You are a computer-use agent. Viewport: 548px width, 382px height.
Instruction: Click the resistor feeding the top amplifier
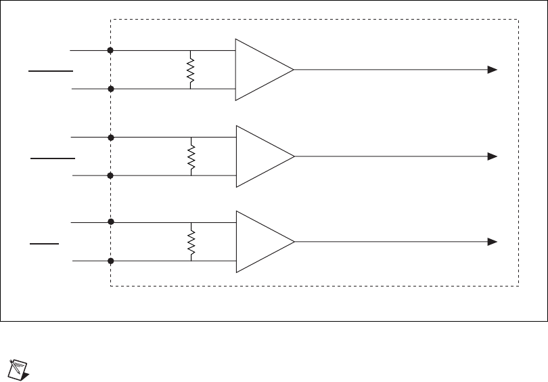(x=191, y=69)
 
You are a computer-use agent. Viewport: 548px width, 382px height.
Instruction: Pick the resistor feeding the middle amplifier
(x=191, y=156)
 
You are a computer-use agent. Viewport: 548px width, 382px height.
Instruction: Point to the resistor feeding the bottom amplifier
(x=191, y=241)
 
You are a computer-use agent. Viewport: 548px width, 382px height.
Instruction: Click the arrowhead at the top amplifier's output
(x=493, y=70)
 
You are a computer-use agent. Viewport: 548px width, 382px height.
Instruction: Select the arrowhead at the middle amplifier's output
(x=493, y=156)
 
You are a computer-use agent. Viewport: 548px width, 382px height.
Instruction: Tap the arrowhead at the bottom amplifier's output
(x=493, y=242)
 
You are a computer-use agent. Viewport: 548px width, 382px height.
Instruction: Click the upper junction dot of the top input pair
(x=110, y=50)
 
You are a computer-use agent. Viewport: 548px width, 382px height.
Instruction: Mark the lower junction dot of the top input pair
(x=110, y=89)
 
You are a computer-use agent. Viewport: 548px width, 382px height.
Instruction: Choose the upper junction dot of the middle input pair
(x=110, y=137)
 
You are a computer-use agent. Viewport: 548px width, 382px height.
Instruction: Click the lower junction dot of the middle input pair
(x=110, y=175)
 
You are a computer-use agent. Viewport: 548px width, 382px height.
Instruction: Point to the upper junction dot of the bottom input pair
(x=110, y=221)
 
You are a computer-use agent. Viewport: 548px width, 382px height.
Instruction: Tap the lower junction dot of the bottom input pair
(x=110, y=260)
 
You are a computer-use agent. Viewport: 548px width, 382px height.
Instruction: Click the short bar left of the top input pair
(x=50, y=70)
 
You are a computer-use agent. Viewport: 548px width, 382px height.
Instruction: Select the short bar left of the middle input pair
(x=53, y=157)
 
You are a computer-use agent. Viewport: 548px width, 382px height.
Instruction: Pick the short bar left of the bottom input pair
(x=45, y=242)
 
